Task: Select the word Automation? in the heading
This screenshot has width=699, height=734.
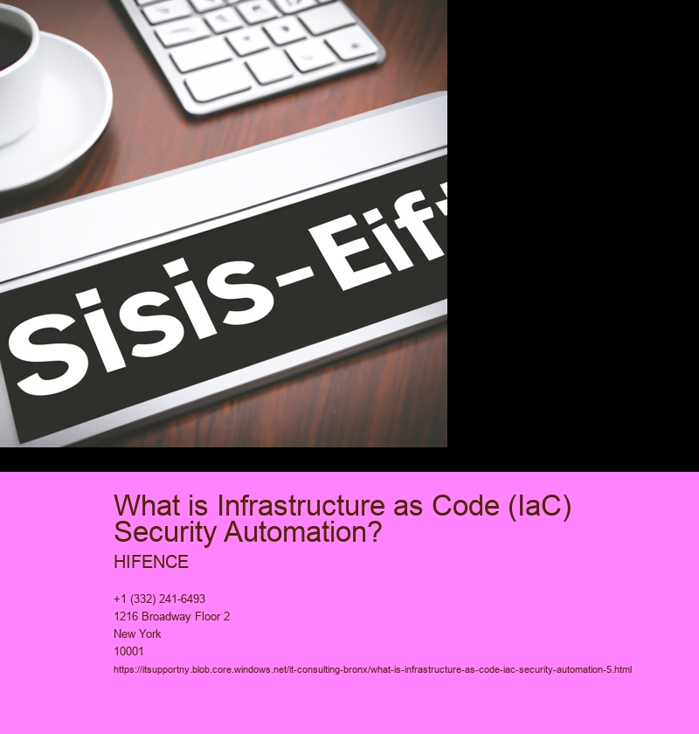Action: [303, 532]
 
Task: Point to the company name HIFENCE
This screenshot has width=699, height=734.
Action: [151, 562]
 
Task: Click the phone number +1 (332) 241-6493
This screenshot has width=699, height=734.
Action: [159, 599]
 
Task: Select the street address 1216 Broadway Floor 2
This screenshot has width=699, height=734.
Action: [171, 617]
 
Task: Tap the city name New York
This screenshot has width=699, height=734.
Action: [137, 634]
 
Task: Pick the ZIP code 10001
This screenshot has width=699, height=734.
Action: [128, 651]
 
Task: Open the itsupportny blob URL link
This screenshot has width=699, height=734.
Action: [373, 670]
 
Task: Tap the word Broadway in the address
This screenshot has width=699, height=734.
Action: [164, 617]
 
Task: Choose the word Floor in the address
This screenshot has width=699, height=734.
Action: [204, 617]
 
